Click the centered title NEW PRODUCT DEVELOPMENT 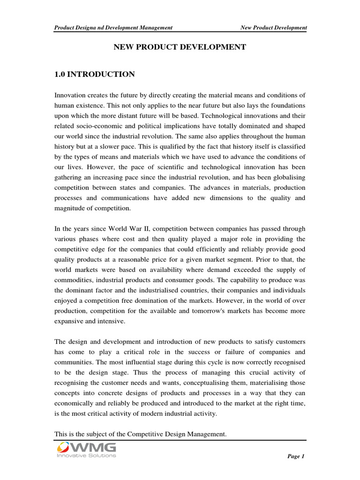click(x=180, y=47)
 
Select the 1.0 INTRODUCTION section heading click(x=95, y=74)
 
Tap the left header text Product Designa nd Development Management click(x=113, y=28)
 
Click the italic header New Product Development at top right click(x=273, y=28)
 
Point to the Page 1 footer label click(x=296, y=457)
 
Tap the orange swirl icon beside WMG click(x=63, y=448)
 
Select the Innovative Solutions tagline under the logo click(x=86, y=456)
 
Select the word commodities click(x=77, y=280)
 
